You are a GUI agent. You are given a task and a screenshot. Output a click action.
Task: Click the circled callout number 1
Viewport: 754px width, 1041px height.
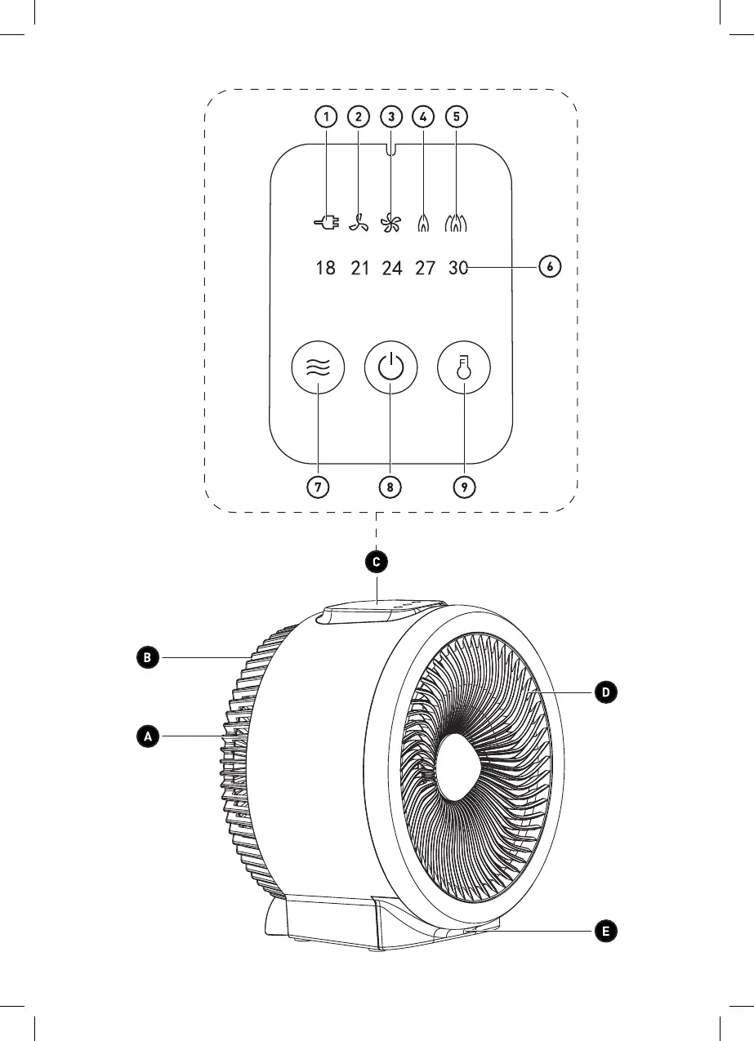[x=326, y=117]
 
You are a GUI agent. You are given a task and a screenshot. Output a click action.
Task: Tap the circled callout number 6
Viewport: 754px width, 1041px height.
[x=550, y=267]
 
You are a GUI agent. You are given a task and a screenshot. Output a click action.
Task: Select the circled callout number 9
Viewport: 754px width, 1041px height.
[x=464, y=487]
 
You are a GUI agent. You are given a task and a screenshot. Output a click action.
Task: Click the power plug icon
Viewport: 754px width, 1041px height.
[x=326, y=223]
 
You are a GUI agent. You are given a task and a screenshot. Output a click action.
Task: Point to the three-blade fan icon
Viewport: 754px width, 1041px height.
[x=359, y=223]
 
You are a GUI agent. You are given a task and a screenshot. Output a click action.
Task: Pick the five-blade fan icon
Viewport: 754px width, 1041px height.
[x=390, y=223]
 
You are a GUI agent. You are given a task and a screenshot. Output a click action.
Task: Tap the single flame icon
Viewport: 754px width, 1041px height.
[x=423, y=223]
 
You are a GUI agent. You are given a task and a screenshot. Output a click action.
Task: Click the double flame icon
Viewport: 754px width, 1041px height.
[x=456, y=223]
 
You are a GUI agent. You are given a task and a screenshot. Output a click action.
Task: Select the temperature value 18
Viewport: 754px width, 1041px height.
[x=325, y=268]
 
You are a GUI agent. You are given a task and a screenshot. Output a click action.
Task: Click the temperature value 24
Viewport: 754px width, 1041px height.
[x=392, y=268]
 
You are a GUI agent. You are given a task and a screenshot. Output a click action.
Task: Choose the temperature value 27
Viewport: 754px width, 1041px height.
[x=425, y=268]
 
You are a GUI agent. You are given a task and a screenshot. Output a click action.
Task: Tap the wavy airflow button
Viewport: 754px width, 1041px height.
[x=318, y=367]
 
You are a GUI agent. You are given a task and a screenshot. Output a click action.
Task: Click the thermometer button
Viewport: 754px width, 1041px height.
[x=464, y=367]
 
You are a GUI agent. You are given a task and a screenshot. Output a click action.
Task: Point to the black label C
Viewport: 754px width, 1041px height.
[x=377, y=562]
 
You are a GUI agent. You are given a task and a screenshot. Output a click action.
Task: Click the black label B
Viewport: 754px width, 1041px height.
[x=148, y=657]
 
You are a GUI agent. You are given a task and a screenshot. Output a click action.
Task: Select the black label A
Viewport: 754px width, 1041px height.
[x=148, y=736]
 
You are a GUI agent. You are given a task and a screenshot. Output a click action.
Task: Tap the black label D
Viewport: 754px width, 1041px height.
[x=605, y=693]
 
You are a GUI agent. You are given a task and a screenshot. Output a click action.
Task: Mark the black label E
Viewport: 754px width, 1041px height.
[x=605, y=932]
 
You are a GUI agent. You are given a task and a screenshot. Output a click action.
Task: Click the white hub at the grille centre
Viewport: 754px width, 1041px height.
[x=460, y=767]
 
